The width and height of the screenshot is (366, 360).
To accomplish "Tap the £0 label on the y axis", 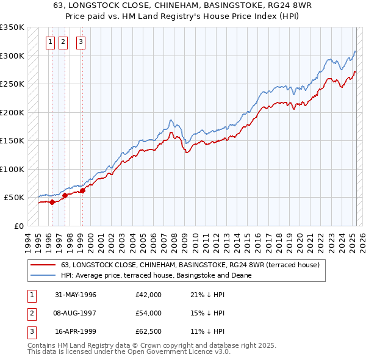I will (18, 226).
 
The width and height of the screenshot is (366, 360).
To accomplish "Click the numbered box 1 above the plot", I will (51, 42).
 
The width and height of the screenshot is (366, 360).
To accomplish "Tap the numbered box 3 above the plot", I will (81, 42).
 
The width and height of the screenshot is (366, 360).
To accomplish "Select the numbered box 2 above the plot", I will (63, 42).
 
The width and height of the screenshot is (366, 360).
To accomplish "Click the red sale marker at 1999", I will (83, 190).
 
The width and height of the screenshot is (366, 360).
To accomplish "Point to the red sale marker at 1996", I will (52, 202).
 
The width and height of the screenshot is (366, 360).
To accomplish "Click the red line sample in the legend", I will (43, 265).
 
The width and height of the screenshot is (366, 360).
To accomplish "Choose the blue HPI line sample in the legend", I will (43, 275).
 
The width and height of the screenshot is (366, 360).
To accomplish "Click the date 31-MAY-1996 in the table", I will (75, 295).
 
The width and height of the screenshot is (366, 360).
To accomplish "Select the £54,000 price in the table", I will (149, 313).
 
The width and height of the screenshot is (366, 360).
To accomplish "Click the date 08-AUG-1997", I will (75, 313).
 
